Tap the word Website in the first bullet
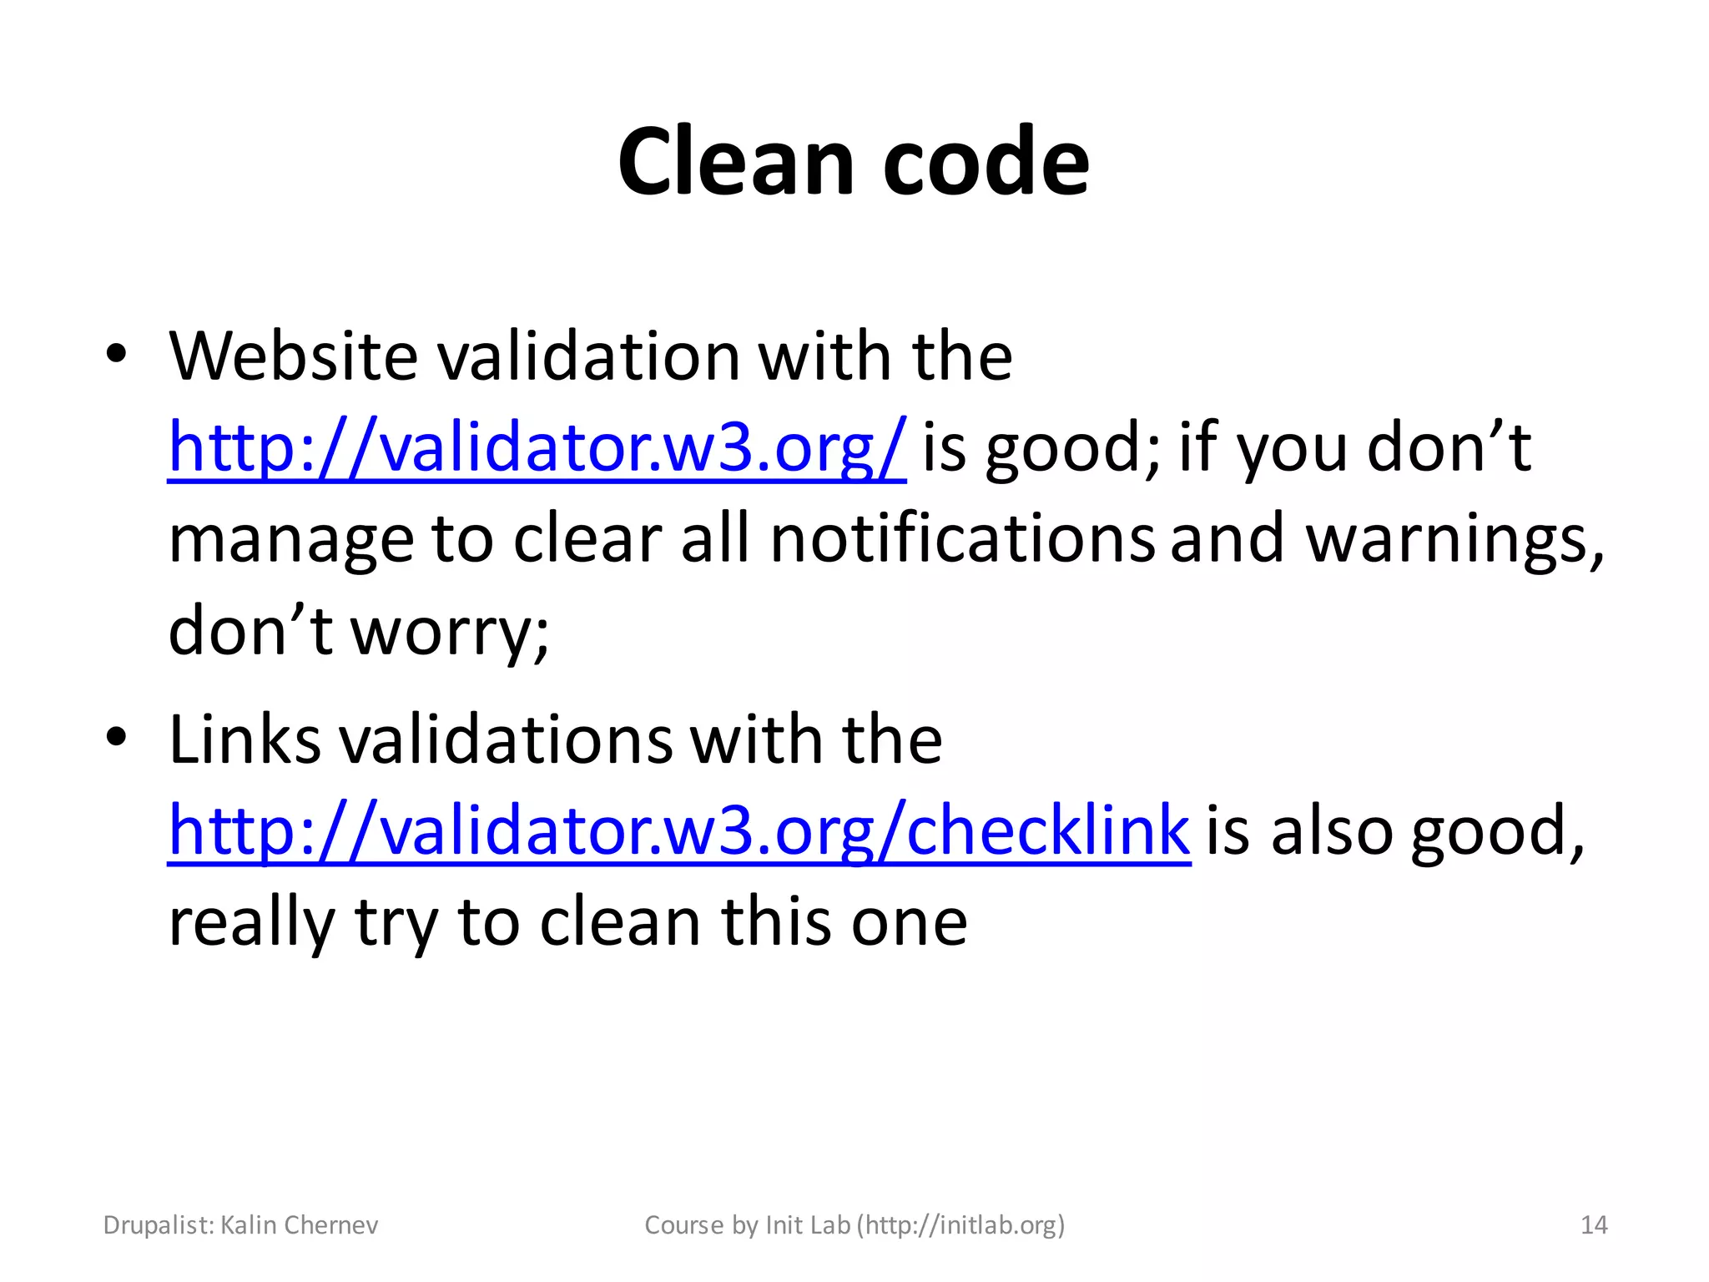293,356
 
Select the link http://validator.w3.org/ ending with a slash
537,448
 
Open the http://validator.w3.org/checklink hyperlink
678,831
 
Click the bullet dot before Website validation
116,354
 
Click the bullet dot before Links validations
116,736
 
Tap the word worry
450,632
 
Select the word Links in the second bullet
245,739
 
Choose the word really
251,924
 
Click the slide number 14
1594,1225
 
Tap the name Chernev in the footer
331,1225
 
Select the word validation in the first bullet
588,356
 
